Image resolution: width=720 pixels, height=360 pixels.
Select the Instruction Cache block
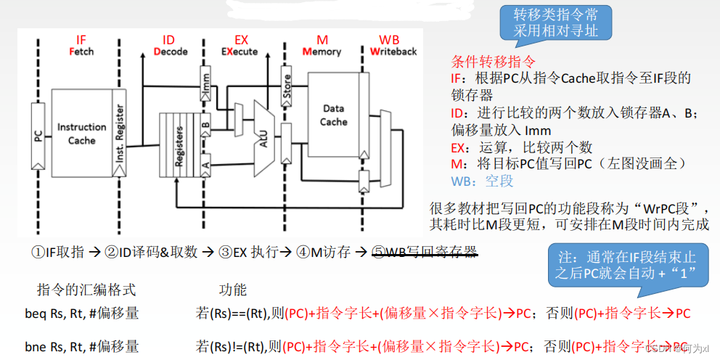(81, 134)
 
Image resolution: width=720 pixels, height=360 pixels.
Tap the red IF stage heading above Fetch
(81, 39)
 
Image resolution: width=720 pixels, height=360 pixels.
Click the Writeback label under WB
(393, 52)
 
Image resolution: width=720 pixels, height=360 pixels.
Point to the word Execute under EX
(239, 52)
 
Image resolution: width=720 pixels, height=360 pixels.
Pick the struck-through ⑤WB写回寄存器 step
(424, 252)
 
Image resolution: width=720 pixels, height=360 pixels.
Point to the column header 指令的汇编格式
(86, 290)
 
